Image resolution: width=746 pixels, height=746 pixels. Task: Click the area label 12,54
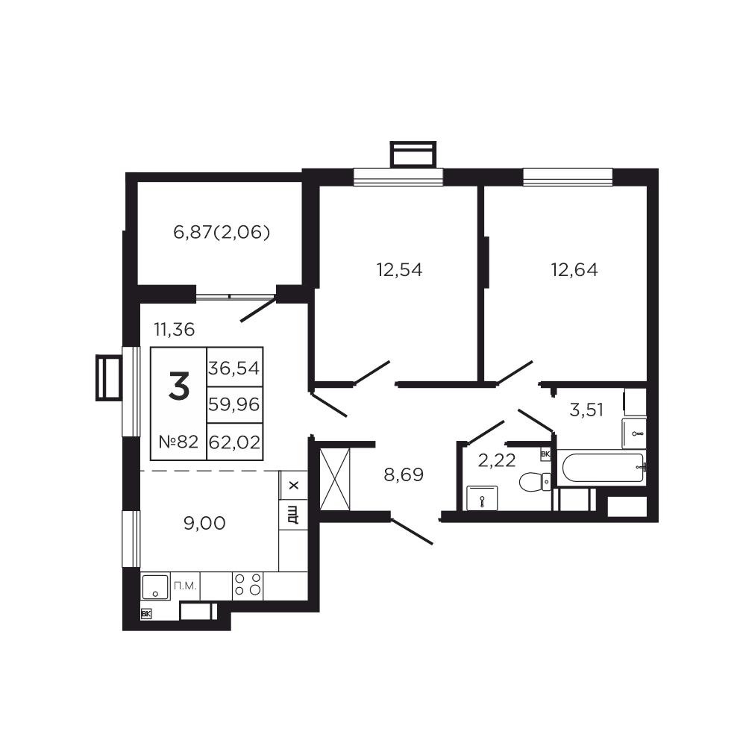click(399, 270)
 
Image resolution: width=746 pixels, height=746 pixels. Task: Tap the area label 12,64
click(574, 270)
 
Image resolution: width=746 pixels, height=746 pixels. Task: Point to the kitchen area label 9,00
click(204, 524)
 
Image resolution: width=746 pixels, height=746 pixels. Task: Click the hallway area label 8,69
click(404, 474)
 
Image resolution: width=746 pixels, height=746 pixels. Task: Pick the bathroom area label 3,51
click(586, 410)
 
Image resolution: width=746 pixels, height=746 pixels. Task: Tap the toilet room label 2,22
click(497, 460)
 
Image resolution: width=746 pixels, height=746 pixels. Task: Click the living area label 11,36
click(174, 329)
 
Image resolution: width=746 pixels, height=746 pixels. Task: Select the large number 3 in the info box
click(179, 386)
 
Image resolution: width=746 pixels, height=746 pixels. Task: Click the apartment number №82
click(178, 442)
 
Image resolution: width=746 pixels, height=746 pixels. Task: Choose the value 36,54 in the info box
click(234, 368)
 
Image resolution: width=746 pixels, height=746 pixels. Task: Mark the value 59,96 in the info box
click(234, 405)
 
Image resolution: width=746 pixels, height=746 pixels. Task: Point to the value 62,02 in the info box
click(234, 442)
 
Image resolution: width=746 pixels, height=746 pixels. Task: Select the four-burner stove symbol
click(248, 585)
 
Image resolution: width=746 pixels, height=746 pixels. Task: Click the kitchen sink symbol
click(155, 586)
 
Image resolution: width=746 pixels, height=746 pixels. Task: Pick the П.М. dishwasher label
click(185, 586)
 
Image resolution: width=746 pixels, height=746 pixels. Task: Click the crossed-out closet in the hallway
click(335, 479)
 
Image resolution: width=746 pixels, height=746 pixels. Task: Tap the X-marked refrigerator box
click(293, 486)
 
